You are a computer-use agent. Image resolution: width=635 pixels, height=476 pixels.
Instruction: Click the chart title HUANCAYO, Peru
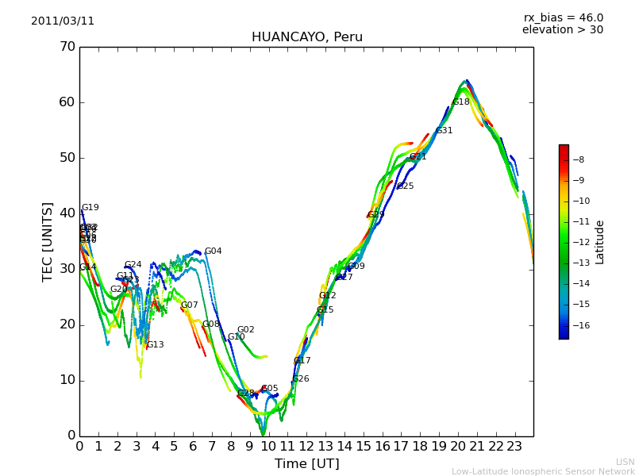(306, 37)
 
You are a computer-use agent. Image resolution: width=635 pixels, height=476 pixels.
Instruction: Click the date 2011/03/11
(63, 21)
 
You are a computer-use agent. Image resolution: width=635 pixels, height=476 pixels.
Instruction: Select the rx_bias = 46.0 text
(563, 18)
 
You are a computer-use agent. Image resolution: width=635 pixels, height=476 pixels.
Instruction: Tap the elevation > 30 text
(562, 30)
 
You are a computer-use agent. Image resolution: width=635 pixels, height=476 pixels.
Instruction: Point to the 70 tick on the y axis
(67, 47)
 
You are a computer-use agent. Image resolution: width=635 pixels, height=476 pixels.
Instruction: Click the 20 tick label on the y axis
(67, 324)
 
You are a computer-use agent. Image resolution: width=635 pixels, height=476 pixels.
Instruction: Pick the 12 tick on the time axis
(306, 447)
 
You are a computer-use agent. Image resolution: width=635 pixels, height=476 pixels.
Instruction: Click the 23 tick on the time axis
(514, 447)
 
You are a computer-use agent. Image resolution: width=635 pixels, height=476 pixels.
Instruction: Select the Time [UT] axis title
(306, 464)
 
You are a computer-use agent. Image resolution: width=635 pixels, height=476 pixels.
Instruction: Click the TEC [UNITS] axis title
(48, 241)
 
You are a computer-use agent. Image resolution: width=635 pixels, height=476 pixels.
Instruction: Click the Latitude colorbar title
(600, 241)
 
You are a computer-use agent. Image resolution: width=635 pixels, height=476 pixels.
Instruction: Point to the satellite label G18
(461, 102)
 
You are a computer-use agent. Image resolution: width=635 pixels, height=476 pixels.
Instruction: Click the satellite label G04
(214, 251)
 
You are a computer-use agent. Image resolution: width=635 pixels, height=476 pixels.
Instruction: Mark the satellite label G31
(444, 131)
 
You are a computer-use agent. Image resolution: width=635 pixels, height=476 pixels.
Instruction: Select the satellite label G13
(156, 345)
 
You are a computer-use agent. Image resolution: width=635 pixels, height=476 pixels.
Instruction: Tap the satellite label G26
(301, 379)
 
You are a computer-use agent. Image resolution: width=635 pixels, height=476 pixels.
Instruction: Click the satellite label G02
(246, 330)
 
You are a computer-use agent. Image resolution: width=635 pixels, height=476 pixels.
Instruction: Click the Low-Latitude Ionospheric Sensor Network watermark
(543, 471)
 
